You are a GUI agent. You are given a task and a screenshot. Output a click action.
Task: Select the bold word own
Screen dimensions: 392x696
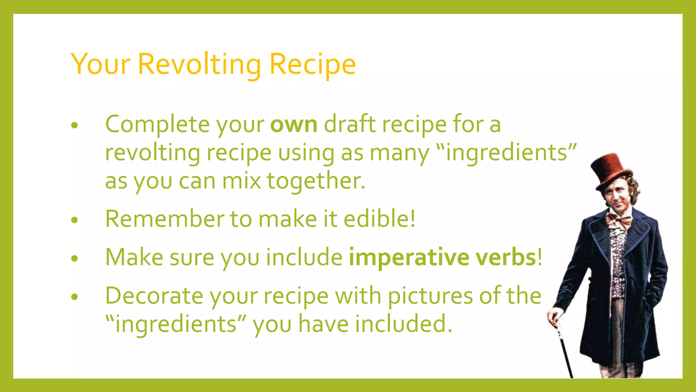tap(294, 124)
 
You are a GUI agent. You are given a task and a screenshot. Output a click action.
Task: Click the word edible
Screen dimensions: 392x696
tap(376, 218)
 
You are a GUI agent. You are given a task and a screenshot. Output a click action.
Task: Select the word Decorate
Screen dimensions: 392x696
tap(154, 295)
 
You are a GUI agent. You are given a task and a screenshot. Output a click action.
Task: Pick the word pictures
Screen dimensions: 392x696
tap(430, 295)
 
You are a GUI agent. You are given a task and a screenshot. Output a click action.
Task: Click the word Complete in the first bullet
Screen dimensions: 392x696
tap(157, 124)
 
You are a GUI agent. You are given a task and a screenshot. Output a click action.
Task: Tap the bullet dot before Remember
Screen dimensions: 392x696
tap(75, 220)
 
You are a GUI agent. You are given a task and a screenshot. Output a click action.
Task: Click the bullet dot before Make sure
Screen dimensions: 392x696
tap(75, 259)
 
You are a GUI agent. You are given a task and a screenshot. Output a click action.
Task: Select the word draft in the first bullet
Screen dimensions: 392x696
tap(350, 124)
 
